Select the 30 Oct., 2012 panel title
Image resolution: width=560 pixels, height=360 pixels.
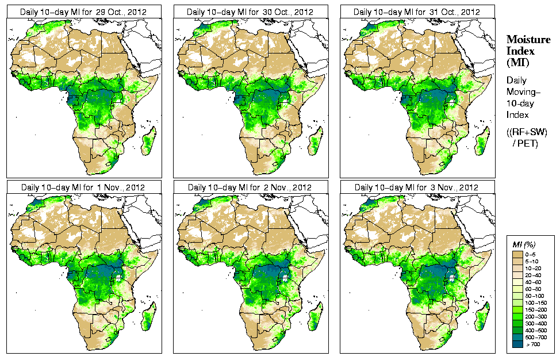coord(250,12)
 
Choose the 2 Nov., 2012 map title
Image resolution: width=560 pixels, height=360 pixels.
coord(250,187)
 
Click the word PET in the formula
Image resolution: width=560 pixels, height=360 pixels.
coord(528,144)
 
